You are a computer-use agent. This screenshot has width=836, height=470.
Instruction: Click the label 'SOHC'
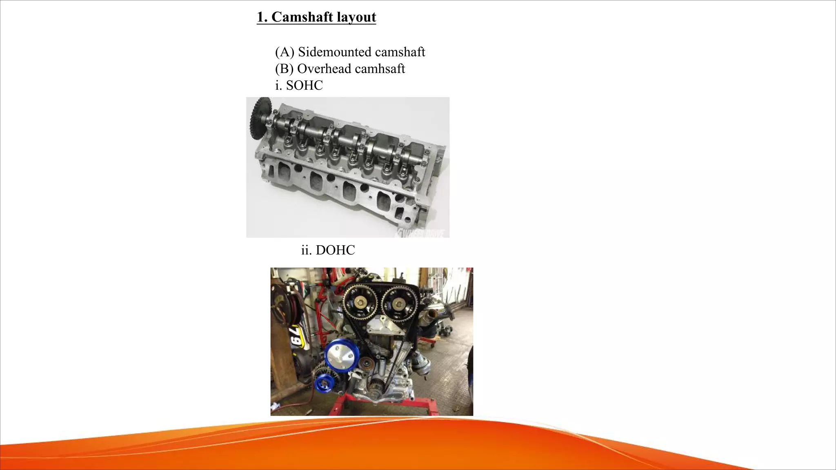tap(304, 85)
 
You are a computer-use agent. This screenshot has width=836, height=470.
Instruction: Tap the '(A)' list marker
tap(285, 52)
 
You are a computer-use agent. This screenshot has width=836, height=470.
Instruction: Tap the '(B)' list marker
tap(284, 69)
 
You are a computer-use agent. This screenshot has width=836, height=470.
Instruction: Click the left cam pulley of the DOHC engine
tap(361, 303)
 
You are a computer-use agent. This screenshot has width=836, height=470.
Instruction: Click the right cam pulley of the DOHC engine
tap(399, 304)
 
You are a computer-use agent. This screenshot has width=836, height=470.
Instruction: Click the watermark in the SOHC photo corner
tap(420, 233)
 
